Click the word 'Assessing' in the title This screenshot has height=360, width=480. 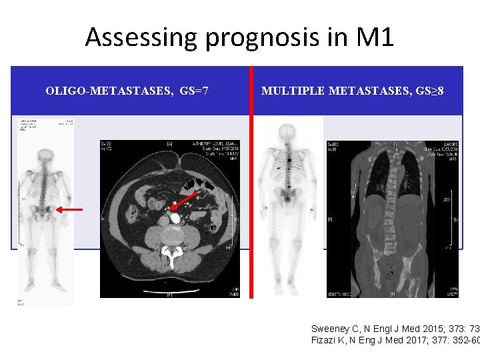(x=141, y=37)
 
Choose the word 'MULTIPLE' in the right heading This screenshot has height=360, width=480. (x=292, y=90)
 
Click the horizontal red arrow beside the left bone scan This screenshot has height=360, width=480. (x=69, y=209)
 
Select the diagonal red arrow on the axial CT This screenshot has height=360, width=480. (x=189, y=201)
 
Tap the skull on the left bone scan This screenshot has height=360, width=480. (x=45, y=156)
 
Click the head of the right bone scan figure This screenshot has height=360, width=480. (x=287, y=133)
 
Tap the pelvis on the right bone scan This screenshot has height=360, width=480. (x=287, y=195)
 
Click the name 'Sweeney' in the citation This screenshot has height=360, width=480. (x=331, y=329)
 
